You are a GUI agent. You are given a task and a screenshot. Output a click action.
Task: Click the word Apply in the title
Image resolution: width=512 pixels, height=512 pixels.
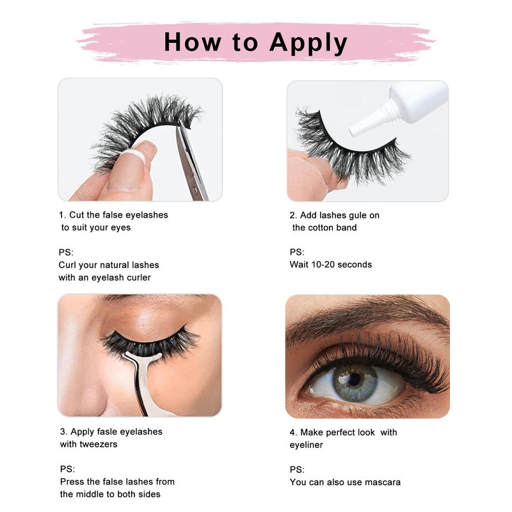308,44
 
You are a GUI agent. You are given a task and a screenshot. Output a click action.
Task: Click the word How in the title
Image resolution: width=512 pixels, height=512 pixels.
193,42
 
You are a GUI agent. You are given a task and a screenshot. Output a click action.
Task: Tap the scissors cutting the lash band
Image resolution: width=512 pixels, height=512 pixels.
191,160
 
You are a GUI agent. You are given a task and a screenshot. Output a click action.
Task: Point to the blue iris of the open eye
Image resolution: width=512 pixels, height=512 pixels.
355,382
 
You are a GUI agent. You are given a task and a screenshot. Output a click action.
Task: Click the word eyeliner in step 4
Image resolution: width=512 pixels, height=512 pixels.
306,445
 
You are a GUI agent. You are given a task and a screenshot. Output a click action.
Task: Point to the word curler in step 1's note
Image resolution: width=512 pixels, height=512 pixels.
139,278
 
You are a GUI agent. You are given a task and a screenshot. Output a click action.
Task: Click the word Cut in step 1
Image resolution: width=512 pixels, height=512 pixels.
77,215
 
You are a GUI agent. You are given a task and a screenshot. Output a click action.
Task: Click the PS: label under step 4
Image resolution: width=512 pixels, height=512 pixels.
297,470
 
